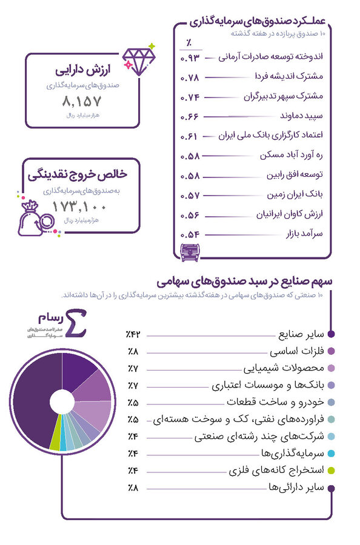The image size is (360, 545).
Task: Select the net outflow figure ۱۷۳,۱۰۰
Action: point(80,206)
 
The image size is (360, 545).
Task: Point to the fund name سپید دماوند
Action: point(302,115)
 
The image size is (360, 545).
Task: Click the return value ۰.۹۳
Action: point(190,58)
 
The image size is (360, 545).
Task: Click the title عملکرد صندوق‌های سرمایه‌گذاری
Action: point(258,21)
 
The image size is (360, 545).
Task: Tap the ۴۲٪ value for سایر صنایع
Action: point(133,334)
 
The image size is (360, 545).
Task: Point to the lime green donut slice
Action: point(56,443)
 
